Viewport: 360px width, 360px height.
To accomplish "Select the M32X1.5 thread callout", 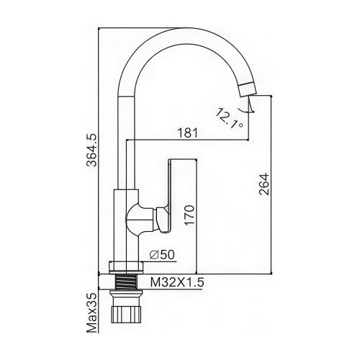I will coord(175,282).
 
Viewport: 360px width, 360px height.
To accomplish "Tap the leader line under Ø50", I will coord(162,262).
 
